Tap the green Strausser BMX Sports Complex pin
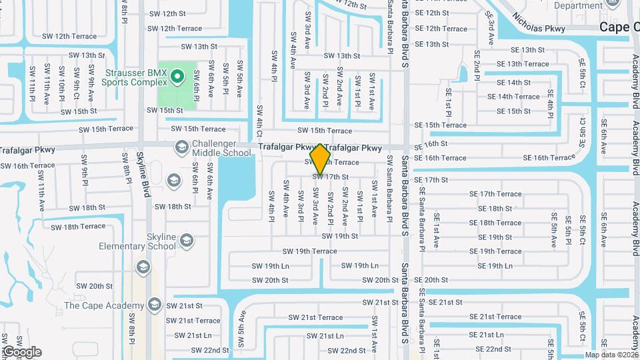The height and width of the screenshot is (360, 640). coord(177,77)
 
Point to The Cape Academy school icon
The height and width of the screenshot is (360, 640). coord(155,305)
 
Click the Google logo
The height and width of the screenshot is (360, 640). coord(21,352)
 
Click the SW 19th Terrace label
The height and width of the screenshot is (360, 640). coord(309,251)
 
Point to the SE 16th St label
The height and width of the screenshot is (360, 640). coord(431,144)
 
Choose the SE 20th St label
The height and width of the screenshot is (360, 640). coord(431,280)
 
